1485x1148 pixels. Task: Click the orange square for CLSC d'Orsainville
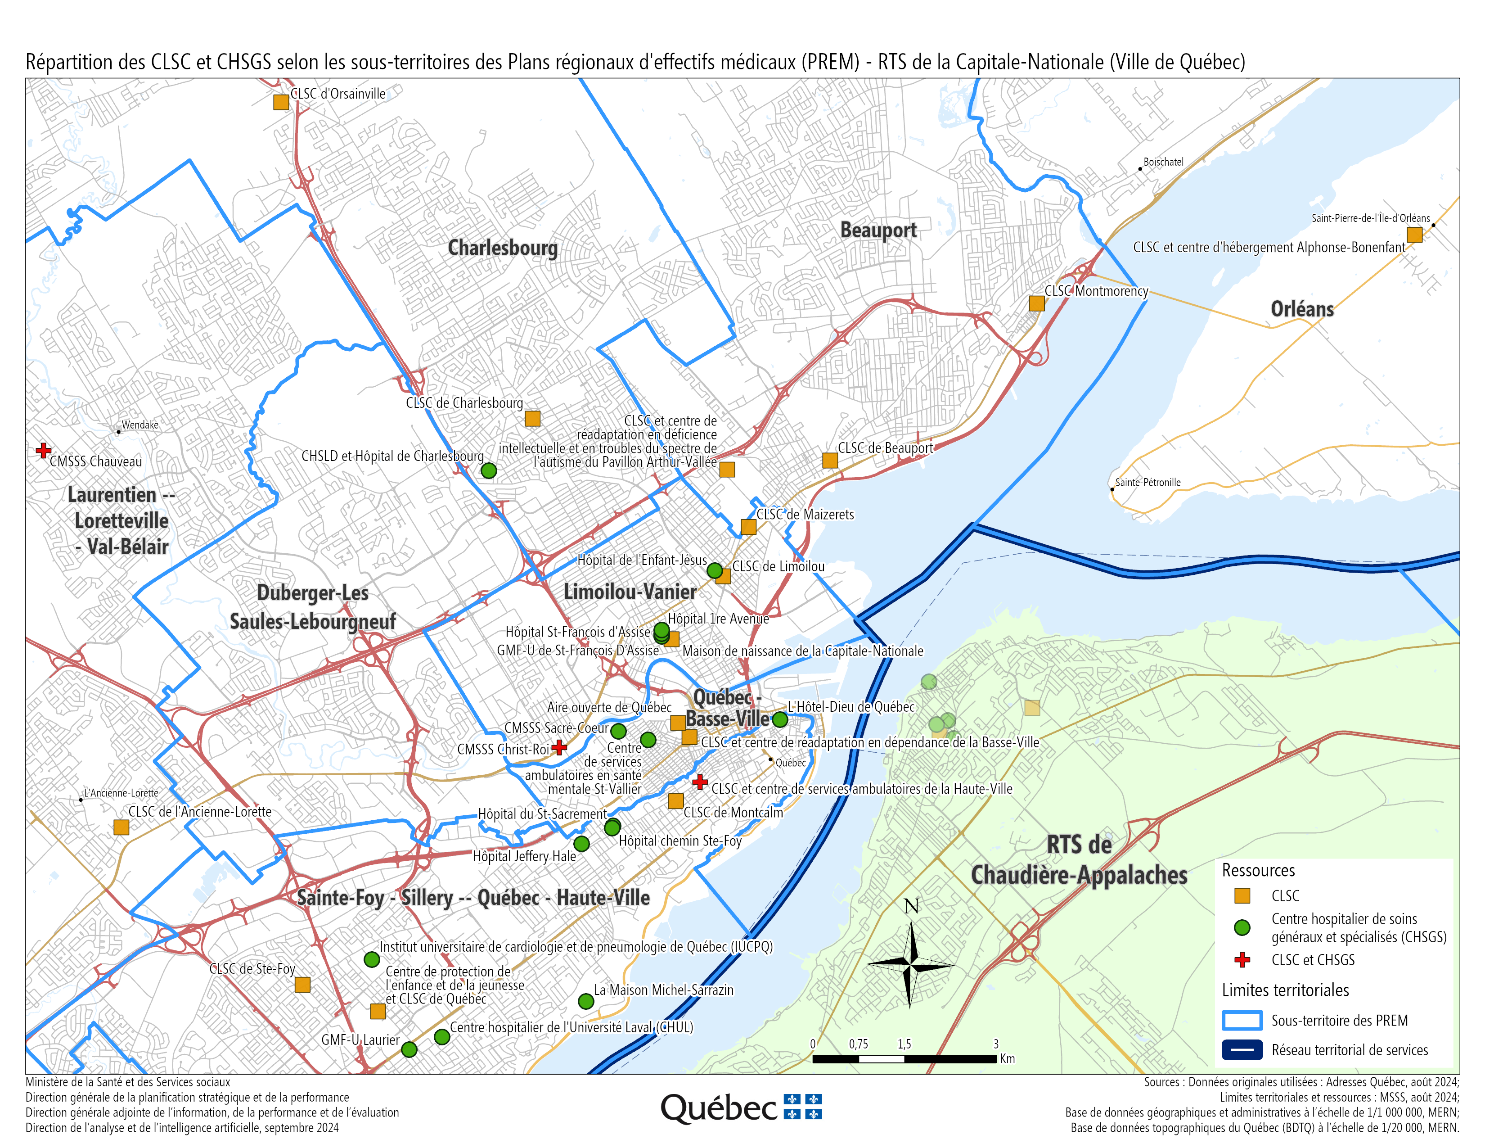point(281,102)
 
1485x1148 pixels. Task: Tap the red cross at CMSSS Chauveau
point(44,450)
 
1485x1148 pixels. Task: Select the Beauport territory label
point(878,231)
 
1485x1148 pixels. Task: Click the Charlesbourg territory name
point(503,248)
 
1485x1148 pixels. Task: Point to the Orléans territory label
point(1302,309)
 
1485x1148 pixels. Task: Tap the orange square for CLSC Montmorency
point(1036,303)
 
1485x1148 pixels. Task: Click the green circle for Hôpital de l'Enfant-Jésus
point(715,570)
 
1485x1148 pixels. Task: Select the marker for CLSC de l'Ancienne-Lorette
point(121,827)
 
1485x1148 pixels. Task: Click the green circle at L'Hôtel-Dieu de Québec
point(780,719)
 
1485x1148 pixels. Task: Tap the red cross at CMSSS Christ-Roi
point(559,747)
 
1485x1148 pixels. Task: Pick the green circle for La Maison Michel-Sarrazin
point(585,1001)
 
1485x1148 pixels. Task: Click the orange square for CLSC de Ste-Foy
point(302,984)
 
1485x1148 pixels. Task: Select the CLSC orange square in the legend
point(1242,896)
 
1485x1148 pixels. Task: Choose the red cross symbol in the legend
point(1242,960)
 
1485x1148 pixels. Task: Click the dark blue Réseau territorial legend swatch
point(1242,1050)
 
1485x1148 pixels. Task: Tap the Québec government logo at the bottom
point(741,1108)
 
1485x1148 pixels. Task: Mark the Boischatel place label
point(1163,162)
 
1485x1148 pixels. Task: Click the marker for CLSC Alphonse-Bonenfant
point(1414,235)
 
